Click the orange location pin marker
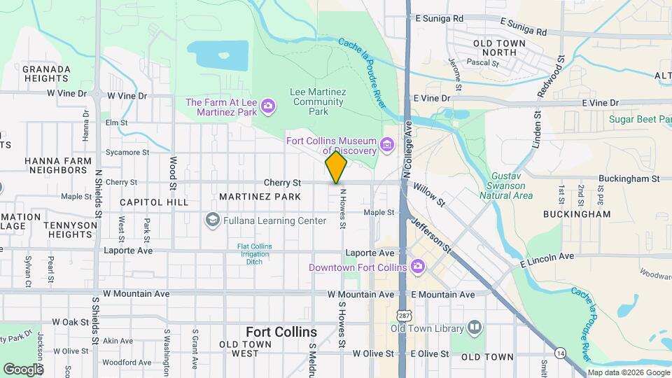[336, 167]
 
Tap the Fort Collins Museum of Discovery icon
[387, 147]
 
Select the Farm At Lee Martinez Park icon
[267, 106]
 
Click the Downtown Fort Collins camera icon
[417, 267]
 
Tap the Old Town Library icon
[475, 328]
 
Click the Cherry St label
[282, 182]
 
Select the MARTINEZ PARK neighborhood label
[260, 197]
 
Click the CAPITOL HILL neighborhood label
[154, 202]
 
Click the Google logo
[23, 369]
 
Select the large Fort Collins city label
[281, 331]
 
